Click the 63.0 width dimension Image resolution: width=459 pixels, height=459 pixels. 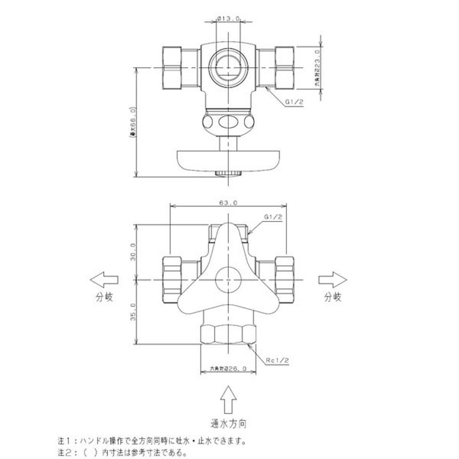(x=229, y=203)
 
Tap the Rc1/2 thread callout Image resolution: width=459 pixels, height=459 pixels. (x=277, y=360)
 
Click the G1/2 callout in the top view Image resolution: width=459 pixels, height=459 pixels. (x=295, y=102)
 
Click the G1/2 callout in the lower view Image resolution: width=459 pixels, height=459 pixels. (x=273, y=217)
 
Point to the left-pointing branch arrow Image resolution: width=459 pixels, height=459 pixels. (x=105, y=279)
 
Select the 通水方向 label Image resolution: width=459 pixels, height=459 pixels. (x=229, y=425)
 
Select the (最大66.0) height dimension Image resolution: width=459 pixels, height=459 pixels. (x=133, y=123)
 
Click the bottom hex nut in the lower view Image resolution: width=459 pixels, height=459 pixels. (x=228, y=334)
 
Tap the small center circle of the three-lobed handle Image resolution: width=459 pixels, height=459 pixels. (x=228, y=280)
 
